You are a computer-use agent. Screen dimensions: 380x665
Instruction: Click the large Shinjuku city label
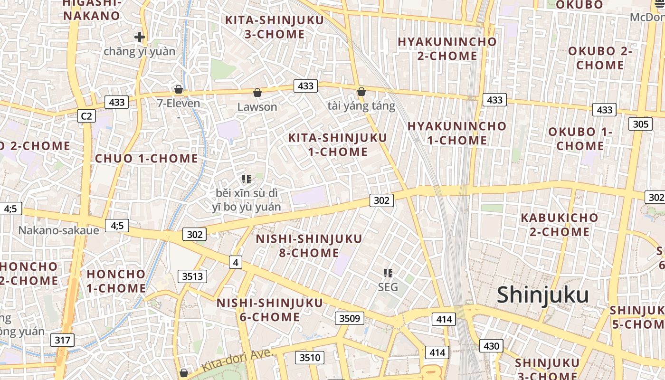click(542, 295)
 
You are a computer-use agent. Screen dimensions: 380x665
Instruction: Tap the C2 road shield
click(86, 116)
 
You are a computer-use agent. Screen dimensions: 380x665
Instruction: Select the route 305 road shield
click(640, 124)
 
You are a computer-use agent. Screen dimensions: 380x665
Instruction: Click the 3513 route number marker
click(192, 276)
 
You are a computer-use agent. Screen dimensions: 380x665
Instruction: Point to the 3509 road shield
click(350, 318)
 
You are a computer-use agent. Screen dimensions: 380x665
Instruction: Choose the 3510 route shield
click(310, 357)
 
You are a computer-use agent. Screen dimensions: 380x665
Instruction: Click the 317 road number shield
click(62, 340)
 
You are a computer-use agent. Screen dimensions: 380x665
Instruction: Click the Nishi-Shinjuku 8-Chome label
click(309, 246)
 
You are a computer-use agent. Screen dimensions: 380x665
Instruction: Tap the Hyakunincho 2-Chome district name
click(447, 48)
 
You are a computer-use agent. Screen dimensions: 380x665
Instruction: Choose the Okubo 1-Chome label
click(580, 139)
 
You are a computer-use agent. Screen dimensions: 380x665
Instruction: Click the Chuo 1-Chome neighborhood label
click(146, 159)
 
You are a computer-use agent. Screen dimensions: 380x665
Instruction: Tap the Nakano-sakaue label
click(59, 230)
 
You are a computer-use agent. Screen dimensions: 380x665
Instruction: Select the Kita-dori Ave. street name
click(236, 361)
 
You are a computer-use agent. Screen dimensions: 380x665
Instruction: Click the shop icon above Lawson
click(257, 92)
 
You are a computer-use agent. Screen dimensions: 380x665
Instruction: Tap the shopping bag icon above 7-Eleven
click(179, 89)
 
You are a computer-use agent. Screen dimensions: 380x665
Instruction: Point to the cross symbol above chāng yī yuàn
click(139, 37)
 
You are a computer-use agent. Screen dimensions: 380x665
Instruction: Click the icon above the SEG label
click(388, 273)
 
